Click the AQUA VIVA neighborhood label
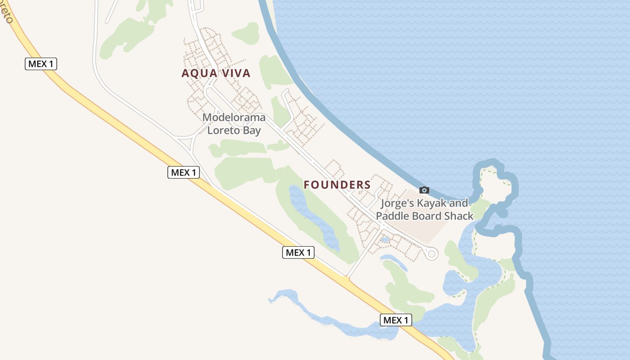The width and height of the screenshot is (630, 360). click(216, 73)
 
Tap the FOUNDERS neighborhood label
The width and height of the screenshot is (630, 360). click(337, 184)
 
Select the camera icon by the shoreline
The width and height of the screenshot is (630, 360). click(424, 190)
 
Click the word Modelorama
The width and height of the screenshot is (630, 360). click(234, 118)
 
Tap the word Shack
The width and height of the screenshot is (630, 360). click(459, 216)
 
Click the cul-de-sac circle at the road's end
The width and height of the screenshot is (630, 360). click(432, 254)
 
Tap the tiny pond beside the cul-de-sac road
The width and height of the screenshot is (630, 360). click(385, 240)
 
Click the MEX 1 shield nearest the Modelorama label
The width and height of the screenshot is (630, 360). click(184, 172)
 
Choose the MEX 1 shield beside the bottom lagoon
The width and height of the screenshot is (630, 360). click(396, 320)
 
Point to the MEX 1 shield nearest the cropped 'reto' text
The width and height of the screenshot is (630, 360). click(40, 64)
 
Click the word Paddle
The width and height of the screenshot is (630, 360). click(393, 216)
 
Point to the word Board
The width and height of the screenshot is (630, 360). click(427, 216)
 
